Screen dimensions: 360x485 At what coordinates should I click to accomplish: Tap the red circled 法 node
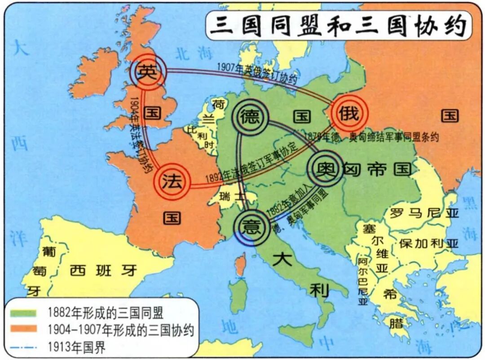172,182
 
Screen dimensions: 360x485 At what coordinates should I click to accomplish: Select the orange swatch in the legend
23,330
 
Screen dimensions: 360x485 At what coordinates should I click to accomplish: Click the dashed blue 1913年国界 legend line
23,347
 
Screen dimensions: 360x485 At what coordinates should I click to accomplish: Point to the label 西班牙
104,270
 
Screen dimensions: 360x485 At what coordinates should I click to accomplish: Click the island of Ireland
94,74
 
